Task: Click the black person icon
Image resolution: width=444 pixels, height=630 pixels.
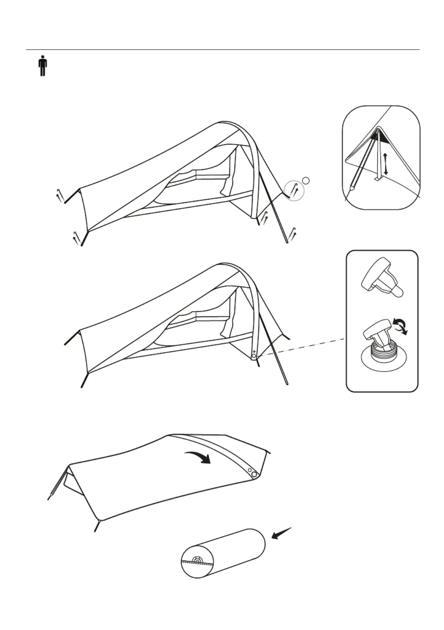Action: click(42, 67)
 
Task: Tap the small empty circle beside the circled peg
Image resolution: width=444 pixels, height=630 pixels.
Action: click(306, 181)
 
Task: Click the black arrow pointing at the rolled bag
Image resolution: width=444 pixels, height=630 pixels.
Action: click(281, 534)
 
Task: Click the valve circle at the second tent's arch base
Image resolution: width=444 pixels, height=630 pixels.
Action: click(254, 356)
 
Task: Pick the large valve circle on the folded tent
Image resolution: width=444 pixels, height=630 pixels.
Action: click(255, 474)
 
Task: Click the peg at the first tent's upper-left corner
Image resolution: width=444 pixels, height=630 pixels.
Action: click(60, 196)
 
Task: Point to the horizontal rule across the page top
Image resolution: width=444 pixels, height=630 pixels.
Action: click(222, 50)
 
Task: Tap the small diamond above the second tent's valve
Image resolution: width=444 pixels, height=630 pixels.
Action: click(254, 352)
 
